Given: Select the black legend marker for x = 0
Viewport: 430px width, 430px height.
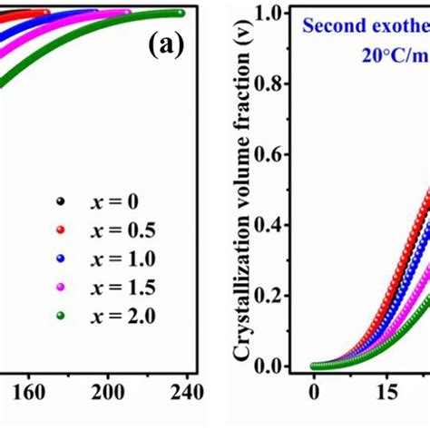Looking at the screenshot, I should (61, 202).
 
